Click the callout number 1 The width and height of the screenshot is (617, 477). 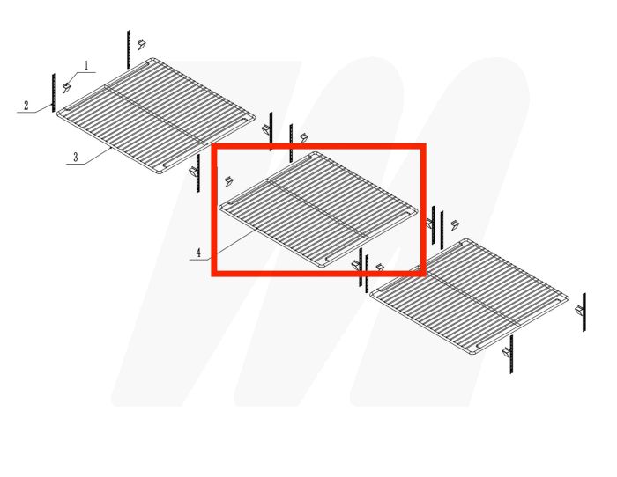(86, 65)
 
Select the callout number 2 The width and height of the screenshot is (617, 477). (26, 106)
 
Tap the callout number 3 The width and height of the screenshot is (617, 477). (76, 158)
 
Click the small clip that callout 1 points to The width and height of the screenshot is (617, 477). (66, 84)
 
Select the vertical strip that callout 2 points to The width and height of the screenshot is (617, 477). (54, 92)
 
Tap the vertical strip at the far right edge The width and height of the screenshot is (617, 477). (583, 312)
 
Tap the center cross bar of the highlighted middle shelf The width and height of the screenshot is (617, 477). (316, 208)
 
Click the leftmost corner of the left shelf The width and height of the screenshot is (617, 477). (58, 112)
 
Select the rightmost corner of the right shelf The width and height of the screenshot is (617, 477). (568, 297)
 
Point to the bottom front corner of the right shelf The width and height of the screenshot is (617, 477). (473, 356)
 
